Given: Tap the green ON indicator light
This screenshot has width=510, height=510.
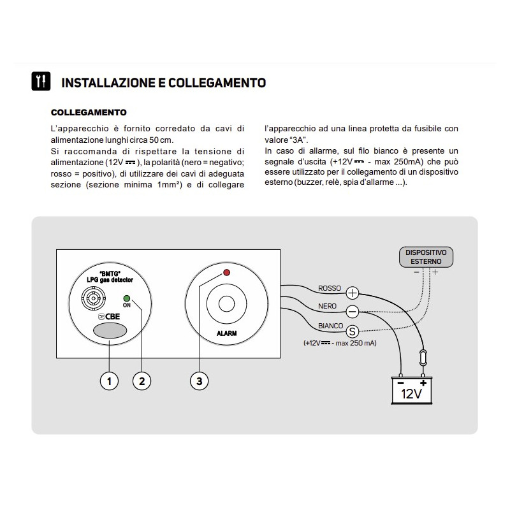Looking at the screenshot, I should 127,297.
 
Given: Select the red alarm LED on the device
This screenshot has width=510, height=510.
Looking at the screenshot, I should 226,273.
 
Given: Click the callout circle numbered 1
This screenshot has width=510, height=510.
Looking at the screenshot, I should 110,381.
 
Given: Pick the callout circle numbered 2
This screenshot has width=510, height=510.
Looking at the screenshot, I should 142,381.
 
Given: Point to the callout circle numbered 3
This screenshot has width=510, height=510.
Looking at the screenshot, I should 200,381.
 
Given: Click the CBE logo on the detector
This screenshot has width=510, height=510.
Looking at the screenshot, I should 108,316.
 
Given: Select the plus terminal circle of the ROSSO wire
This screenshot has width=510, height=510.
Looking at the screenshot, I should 353,293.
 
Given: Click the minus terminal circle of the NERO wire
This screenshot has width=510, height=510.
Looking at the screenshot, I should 353,311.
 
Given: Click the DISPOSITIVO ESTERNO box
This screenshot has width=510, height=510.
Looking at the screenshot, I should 426,256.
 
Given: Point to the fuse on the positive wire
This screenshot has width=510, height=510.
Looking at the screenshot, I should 421,356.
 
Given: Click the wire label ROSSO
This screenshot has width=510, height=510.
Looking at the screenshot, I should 330,289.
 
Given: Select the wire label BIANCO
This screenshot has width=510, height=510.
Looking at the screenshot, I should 330,326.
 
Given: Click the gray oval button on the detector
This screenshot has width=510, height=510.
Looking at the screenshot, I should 108,331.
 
